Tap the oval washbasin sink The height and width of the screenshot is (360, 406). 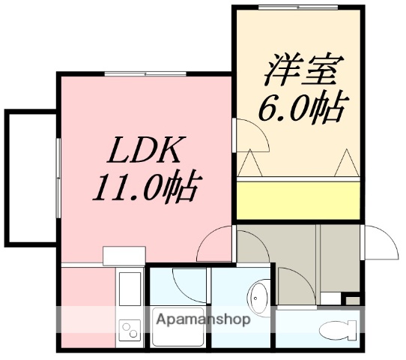(x=259, y=300)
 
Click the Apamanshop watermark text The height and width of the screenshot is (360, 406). (x=203, y=319)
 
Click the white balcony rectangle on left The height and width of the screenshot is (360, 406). (x=31, y=178)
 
